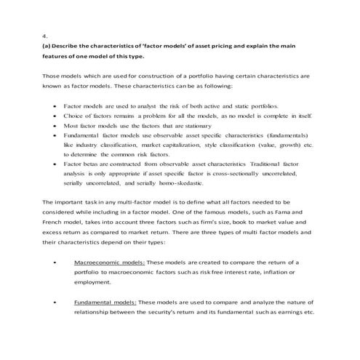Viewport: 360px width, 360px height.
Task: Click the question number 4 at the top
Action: pyautogui.click(x=45, y=35)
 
